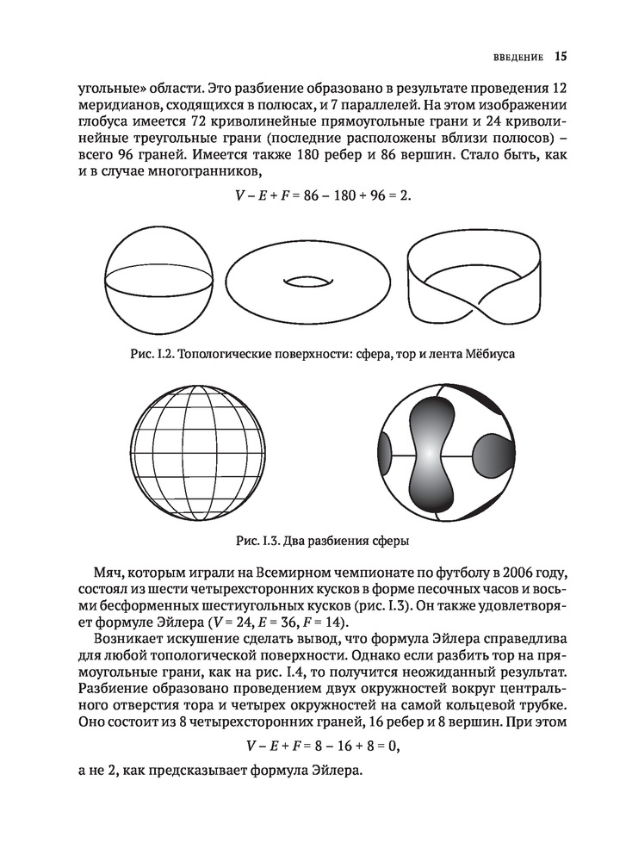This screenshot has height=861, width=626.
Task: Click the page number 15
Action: coord(560,58)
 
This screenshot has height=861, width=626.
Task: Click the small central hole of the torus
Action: coord(307,281)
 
